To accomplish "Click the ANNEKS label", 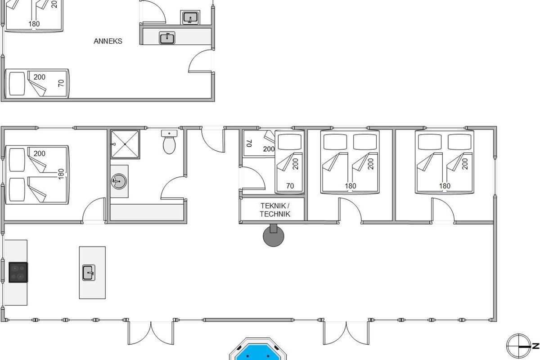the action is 108,41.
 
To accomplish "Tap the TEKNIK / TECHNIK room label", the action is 275,210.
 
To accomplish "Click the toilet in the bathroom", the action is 169,142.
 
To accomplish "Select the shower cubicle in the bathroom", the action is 125,144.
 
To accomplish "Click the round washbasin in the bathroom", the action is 119,181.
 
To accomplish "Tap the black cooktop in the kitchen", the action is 18,272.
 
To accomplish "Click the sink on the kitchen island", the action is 89,273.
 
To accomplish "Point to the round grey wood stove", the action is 274,236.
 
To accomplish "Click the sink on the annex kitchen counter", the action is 167,38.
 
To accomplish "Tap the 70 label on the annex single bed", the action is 61,83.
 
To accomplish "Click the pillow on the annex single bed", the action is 17,83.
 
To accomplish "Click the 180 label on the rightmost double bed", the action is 445,186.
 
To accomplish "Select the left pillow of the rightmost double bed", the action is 430,142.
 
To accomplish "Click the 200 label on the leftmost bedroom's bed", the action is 40,153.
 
